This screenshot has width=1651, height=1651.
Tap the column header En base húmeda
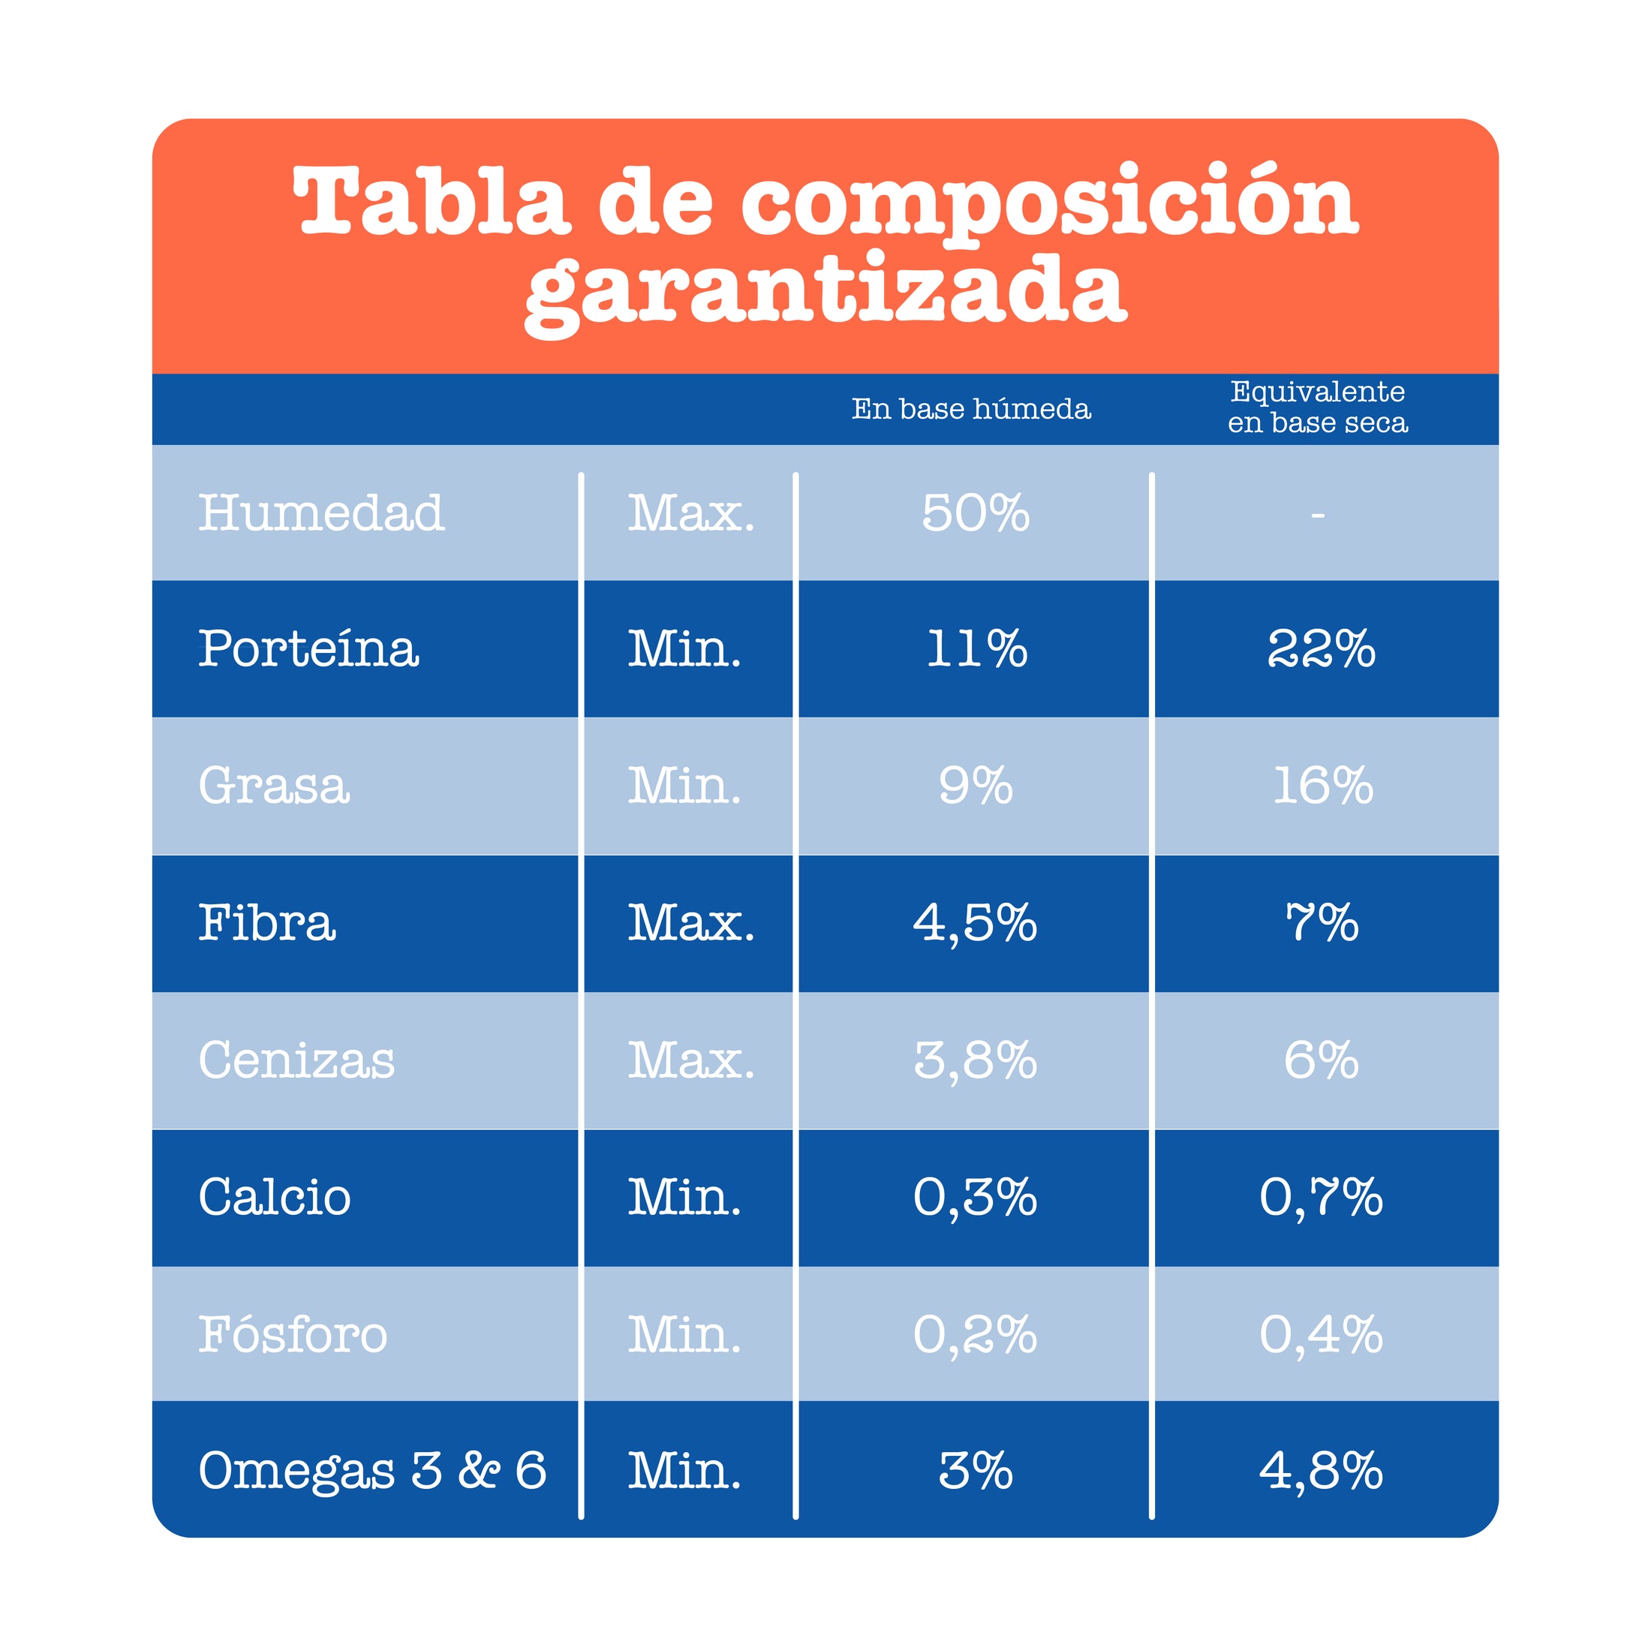click(x=971, y=409)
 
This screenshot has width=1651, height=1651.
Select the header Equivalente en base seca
click(x=1318, y=407)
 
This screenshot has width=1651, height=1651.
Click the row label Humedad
click(x=321, y=513)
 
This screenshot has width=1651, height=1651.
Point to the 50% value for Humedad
click(x=975, y=513)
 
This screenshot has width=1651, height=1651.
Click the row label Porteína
click(x=308, y=648)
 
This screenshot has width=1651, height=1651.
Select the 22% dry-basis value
click(x=1321, y=648)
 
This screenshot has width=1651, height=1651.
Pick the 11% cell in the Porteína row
click(x=977, y=648)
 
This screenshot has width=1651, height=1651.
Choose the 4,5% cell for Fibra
click(x=975, y=924)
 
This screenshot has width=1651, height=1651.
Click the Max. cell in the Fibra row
click(x=690, y=924)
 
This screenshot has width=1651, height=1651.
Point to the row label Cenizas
click(x=296, y=1060)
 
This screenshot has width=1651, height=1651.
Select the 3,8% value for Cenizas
click(x=975, y=1060)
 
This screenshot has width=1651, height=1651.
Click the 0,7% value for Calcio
click(x=1321, y=1197)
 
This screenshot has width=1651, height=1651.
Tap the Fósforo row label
click(x=293, y=1334)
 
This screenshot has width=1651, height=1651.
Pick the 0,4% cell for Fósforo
click(x=1321, y=1334)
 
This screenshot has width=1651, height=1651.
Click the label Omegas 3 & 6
click(x=372, y=1471)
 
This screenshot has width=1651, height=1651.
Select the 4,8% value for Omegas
click(x=1321, y=1471)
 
